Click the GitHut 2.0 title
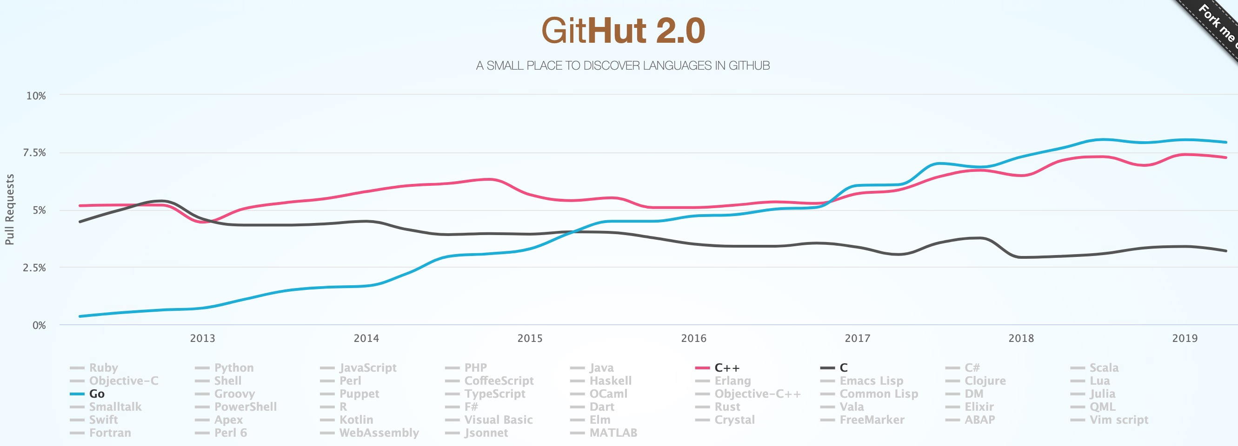(x=623, y=31)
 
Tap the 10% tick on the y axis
(x=36, y=96)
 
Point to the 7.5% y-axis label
(x=34, y=153)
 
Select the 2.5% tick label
(x=34, y=268)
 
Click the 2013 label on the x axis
(x=202, y=338)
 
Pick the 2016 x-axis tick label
(x=693, y=338)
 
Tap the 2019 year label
(x=1185, y=338)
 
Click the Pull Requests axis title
(x=10, y=210)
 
